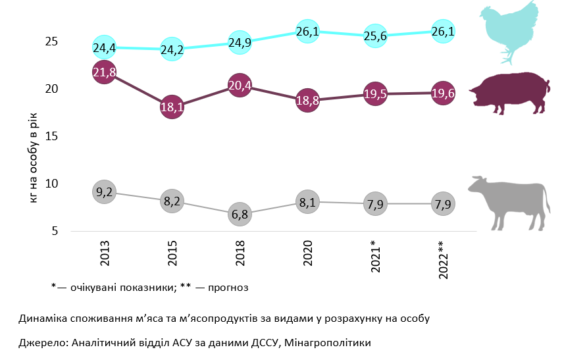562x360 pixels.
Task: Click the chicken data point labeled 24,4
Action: coord(105,47)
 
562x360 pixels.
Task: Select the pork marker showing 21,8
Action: coord(105,73)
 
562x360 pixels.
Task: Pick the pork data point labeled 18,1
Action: coord(172,107)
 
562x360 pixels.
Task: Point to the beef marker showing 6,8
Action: coord(240,214)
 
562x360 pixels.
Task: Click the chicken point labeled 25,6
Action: coord(374,36)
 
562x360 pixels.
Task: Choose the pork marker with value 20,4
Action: coord(240,86)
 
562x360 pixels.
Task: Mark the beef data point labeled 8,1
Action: coord(307,202)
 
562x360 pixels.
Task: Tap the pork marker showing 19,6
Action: coord(442,93)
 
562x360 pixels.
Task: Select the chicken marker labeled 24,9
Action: coord(240,43)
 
